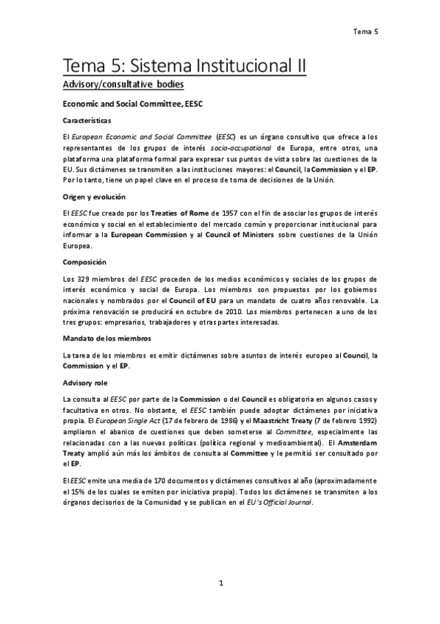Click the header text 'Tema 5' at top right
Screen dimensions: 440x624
point(365,32)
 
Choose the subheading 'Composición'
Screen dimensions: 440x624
point(85,262)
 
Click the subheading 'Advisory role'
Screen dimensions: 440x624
point(85,382)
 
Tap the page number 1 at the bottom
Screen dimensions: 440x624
point(220,584)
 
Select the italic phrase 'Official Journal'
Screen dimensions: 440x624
point(287,503)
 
